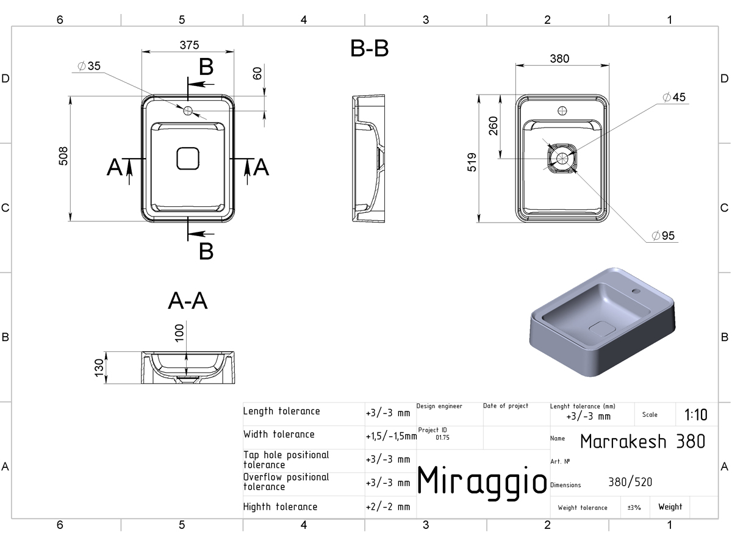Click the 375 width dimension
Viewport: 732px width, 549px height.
(189, 45)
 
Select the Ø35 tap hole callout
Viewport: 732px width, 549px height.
(89, 66)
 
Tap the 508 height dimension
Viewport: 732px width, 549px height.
(63, 156)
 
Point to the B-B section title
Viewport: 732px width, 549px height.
(369, 49)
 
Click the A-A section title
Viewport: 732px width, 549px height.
(188, 301)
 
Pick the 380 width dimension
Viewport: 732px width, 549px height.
(559, 59)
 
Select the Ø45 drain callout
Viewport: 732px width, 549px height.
(674, 98)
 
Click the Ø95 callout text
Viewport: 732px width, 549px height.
(663, 235)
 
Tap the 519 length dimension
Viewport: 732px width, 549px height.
(472, 162)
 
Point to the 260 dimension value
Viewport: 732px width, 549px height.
(493, 126)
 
